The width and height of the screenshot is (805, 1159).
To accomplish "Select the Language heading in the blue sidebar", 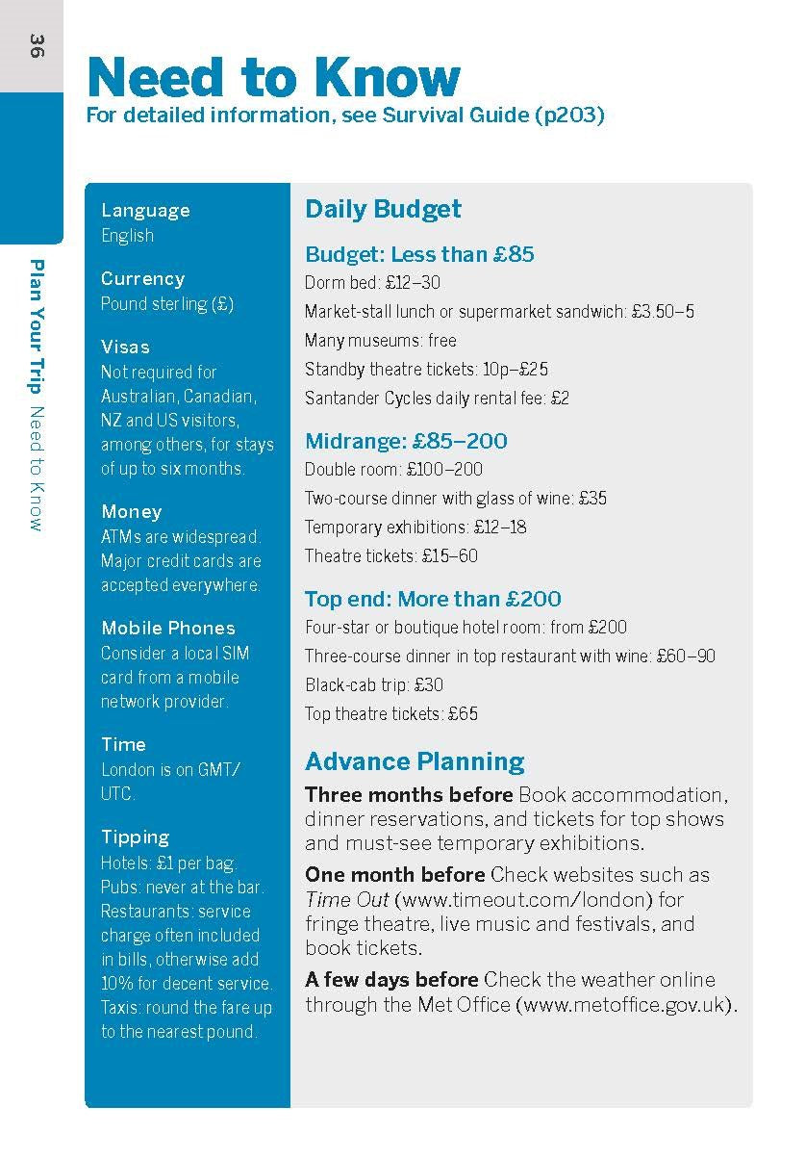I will click(x=145, y=211).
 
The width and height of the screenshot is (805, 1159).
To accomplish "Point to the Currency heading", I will click(x=142, y=279).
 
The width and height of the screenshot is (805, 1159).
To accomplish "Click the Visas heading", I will click(x=125, y=347).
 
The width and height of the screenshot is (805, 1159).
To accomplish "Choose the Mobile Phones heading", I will click(x=168, y=628).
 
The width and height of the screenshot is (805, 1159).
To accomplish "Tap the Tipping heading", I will click(x=135, y=837).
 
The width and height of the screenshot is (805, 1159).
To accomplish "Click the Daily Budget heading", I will click(x=383, y=210).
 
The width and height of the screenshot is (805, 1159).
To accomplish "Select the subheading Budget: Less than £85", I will click(x=419, y=255).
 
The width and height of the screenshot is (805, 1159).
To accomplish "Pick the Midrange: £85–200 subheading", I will click(x=406, y=442).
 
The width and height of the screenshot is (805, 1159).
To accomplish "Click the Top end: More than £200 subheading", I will click(x=433, y=599).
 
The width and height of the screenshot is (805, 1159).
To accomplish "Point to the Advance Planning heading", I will click(x=415, y=762).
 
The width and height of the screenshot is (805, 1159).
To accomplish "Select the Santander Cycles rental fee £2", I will click(x=560, y=398).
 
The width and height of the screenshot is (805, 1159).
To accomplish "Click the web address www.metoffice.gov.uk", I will click(x=625, y=1005).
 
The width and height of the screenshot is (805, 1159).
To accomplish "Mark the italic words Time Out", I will click(x=347, y=900).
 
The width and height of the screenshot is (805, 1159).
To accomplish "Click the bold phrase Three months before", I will click(x=409, y=795).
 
